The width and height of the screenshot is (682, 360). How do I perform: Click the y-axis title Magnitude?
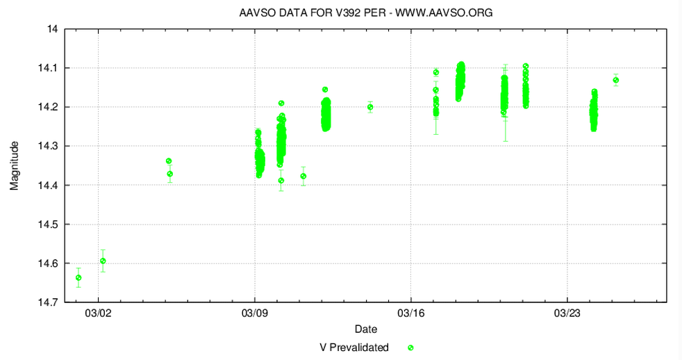tap(15, 165)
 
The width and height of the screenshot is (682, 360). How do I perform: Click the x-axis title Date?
tap(365, 328)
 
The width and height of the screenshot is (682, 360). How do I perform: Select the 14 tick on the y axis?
tap(52, 29)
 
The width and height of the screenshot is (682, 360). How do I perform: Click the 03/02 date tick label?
tap(99, 313)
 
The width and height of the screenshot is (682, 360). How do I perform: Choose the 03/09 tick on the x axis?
tap(255, 313)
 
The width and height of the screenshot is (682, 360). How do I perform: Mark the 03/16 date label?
tap(411, 313)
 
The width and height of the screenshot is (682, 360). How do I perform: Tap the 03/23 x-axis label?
tap(567, 313)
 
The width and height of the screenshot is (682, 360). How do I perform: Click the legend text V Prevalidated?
tap(354, 347)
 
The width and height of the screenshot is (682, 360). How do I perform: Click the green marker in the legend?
tap(410, 347)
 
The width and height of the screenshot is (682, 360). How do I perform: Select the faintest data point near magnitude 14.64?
tap(78, 277)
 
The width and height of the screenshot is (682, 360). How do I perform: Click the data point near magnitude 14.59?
tap(103, 261)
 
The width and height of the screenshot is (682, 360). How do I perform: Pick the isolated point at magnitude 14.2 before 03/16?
tap(370, 107)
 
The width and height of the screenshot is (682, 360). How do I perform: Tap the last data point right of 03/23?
tap(616, 80)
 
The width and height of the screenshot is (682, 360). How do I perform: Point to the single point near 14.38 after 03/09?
tap(303, 176)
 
